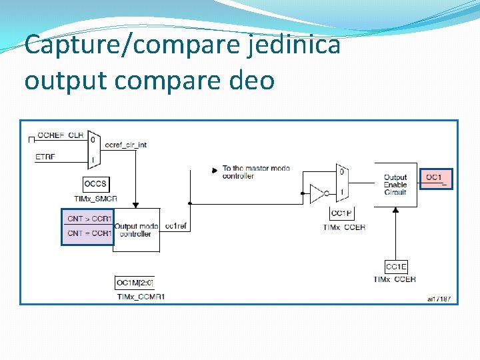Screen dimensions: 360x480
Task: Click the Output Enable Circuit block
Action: click(x=395, y=185)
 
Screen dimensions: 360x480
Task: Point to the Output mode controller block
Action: click(x=137, y=230)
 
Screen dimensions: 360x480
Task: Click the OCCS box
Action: click(x=96, y=184)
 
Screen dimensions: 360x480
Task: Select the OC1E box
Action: click(x=396, y=267)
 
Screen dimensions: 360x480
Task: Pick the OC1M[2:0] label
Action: click(x=134, y=283)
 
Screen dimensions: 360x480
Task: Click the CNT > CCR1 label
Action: click(x=89, y=218)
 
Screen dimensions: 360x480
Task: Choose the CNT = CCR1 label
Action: click(x=89, y=233)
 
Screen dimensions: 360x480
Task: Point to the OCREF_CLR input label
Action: click(x=61, y=135)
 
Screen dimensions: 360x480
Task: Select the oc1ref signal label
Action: click(x=175, y=227)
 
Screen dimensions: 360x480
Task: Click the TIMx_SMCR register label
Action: click(x=96, y=199)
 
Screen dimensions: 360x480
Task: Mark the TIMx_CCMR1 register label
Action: click(x=139, y=296)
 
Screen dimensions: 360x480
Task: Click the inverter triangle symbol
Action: click(x=318, y=194)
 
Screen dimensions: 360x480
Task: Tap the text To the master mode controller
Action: click(x=256, y=172)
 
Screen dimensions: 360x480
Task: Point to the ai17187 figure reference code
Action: click(x=439, y=299)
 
